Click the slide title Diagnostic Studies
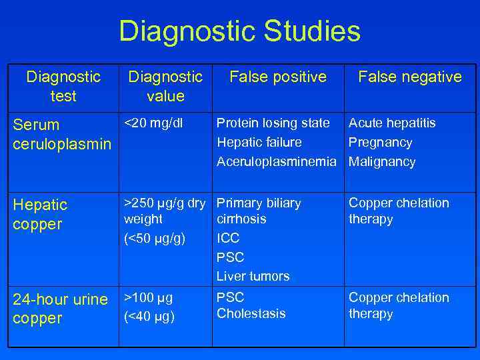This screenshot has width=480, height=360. pyautogui.click(x=239, y=31)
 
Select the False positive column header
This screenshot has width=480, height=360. pyautogui.click(x=278, y=77)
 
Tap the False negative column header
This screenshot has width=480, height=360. pyautogui.click(x=409, y=77)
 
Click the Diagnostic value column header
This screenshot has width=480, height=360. pyautogui.click(x=165, y=87)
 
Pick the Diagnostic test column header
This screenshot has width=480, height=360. pyautogui.click(x=63, y=87)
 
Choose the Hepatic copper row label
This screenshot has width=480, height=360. pyautogui.click(x=40, y=214)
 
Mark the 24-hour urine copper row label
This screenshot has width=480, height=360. pyautogui.click(x=60, y=309)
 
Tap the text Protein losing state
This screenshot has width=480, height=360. pyautogui.click(x=273, y=123)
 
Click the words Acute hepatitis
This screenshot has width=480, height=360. pyautogui.click(x=392, y=123)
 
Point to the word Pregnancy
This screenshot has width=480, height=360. pyautogui.click(x=381, y=142)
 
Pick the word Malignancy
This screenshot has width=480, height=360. pyautogui.click(x=382, y=161)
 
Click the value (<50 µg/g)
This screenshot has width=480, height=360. pyautogui.click(x=155, y=237)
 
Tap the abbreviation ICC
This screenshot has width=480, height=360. pyautogui.click(x=228, y=237)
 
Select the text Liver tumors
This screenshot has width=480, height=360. pyautogui.click(x=253, y=276)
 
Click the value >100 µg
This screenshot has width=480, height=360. pyautogui.click(x=149, y=297)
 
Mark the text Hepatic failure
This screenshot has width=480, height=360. pyautogui.click(x=259, y=142)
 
